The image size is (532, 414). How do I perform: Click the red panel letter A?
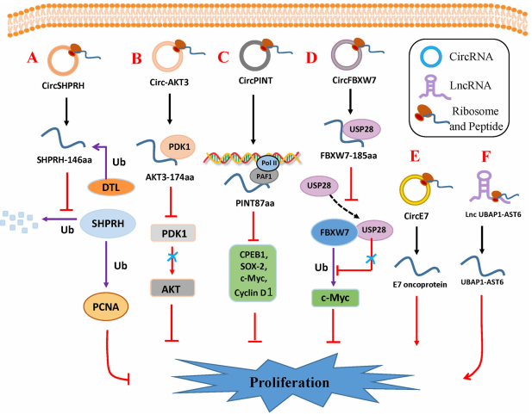(x=34, y=59)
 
